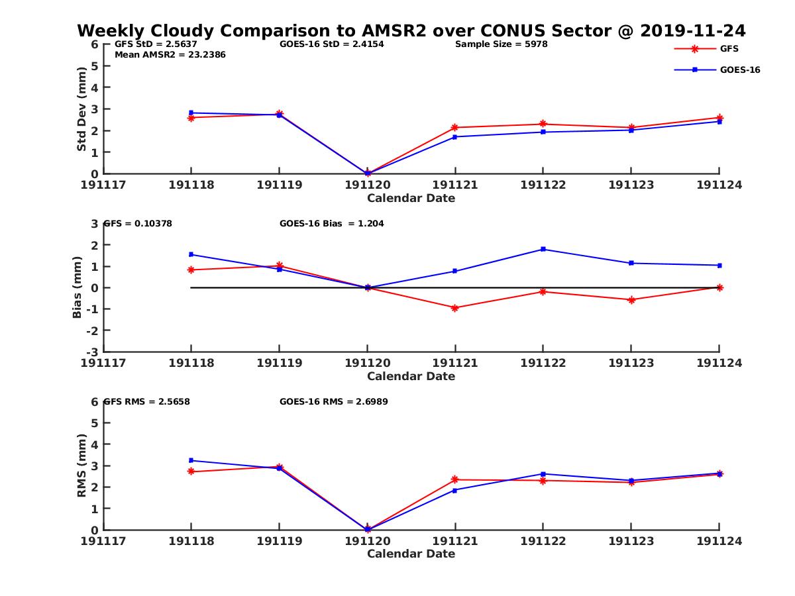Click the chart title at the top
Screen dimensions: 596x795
tap(411, 30)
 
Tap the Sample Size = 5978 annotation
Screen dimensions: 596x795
tap(501, 44)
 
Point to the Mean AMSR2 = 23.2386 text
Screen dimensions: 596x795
tap(170, 55)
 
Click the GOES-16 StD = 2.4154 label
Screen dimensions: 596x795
tap(332, 44)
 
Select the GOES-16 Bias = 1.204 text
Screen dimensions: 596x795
tap(332, 224)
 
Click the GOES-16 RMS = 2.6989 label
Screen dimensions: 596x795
tap(334, 402)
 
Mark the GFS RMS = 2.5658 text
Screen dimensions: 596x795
tap(147, 402)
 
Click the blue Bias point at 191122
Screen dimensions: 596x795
tap(543, 249)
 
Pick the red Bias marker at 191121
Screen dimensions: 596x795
tap(455, 308)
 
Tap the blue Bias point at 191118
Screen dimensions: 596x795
tap(191, 254)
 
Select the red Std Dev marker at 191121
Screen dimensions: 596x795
tap(455, 127)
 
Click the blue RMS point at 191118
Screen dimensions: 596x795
tap(191, 460)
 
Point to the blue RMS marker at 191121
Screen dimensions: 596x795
tap(455, 490)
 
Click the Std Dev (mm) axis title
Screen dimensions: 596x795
tap(81, 109)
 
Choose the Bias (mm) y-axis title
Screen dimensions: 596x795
tap(78, 287)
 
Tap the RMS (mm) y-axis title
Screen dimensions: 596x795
tap(81, 466)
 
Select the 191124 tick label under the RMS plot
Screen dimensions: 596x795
tap(719, 541)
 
